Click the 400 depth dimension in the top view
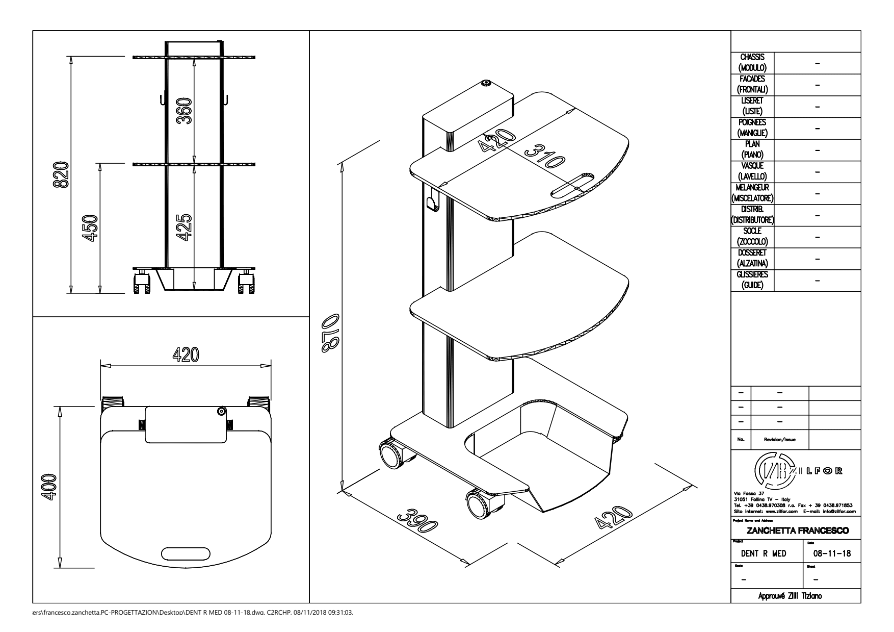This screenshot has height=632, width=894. point(49,487)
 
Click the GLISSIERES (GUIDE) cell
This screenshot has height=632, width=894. point(752,280)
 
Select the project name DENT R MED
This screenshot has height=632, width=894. point(766,554)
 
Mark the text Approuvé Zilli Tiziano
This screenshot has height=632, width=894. point(796,596)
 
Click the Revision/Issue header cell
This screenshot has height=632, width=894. point(780,439)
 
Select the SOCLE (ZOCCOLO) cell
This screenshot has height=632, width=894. point(752,237)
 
